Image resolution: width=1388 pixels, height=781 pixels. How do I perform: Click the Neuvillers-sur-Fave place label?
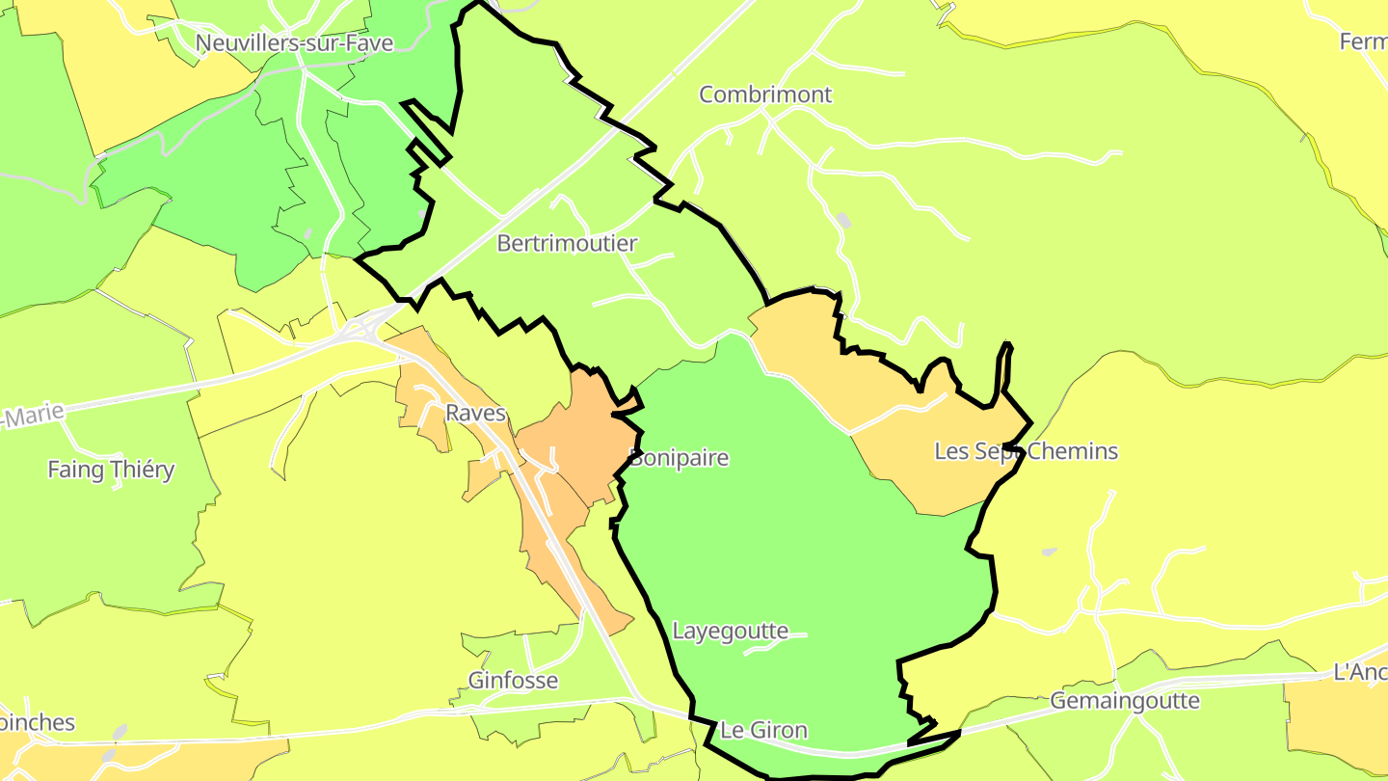pos(293,43)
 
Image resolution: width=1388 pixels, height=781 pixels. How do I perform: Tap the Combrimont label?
pos(764,94)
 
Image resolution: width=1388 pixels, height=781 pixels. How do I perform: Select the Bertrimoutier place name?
pos(567,243)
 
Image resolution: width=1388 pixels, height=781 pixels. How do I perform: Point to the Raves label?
pos(475,413)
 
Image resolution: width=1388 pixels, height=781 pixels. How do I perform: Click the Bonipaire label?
pos(679,457)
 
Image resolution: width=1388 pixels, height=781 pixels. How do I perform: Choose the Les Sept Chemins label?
pos(1026,450)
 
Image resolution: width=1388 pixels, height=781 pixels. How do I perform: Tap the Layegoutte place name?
pos(730,632)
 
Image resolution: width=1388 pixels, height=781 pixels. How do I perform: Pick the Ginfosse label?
pos(513,680)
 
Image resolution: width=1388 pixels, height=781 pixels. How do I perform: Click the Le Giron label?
pos(763,730)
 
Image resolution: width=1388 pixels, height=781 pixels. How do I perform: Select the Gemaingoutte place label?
pos(1124,701)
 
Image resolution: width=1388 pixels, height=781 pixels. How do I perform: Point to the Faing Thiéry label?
pos(111,470)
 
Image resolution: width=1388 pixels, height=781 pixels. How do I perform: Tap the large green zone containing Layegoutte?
pos(800,540)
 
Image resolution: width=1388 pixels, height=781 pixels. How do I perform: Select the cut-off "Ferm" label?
pos(1363,41)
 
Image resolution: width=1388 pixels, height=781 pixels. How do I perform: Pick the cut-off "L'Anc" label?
pos(1359,671)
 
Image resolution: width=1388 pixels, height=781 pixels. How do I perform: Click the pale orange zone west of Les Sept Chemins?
pos(819,366)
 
